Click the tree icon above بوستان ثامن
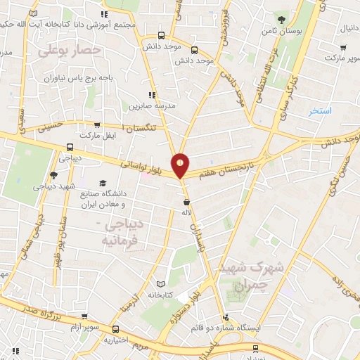tap(282, 19)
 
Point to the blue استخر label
tap(323, 112)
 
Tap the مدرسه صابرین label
tap(147, 106)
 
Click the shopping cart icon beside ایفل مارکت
tap(109, 134)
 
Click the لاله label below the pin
tap(186, 212)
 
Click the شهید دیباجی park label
tap(50, 188)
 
